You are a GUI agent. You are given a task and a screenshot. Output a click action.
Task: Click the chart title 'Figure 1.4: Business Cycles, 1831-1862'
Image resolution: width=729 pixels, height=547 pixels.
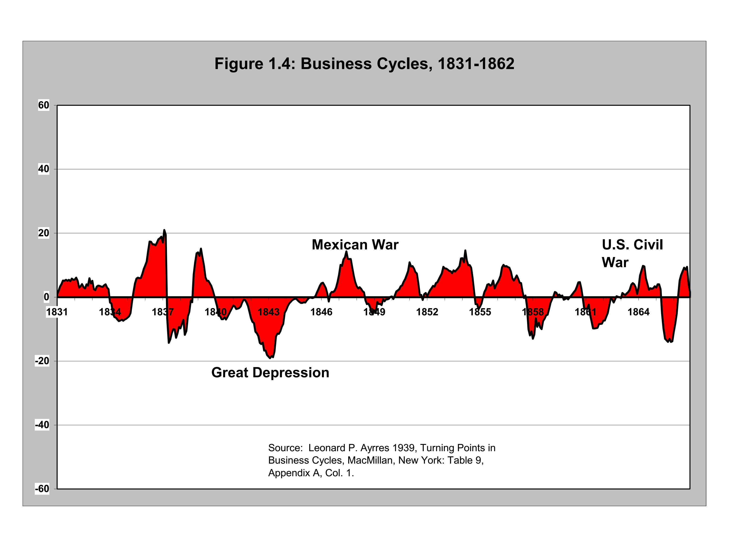pyautogui.click(x=364, y=64)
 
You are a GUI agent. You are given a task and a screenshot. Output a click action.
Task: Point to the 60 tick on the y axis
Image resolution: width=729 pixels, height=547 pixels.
pyautogui.click(x=43, y=105)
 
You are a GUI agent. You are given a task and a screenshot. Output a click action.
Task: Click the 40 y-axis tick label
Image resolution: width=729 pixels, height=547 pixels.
pyautogui.click(x=43, y=169)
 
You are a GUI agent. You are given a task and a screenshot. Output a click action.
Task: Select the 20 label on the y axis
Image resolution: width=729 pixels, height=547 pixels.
pyautogui.click(x=43, y=233)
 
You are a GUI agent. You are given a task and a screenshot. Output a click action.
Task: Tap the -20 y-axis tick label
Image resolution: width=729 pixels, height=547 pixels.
pyautogui.click(x=42, y=361)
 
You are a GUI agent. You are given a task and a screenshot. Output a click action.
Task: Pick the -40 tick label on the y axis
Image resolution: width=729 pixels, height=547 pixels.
pyautogui.click(x=42, y=425)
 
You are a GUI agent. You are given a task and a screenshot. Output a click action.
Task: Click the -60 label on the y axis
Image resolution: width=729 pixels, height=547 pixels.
pyautogui.click(x=42, y=489)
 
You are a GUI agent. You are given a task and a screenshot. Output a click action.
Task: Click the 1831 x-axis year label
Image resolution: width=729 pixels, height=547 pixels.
pyautogui.click(x=57, y=312)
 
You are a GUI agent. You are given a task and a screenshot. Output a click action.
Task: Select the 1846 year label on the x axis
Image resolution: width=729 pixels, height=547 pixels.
pyautogui.click(x=321, y=312)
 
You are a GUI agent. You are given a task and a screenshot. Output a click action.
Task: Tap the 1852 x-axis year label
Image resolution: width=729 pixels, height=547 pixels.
pyautogui.click(x=427, y=312)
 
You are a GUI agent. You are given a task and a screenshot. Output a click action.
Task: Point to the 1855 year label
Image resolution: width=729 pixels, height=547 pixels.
pyautogui.click(x=480, y=312)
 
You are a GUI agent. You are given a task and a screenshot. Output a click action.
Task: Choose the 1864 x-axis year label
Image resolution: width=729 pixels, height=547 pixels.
pyautogui.click(x=638, y=312)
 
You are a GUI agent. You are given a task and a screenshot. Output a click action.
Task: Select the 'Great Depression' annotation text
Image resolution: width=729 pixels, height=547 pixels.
pyautogui.click(x=270, y=373)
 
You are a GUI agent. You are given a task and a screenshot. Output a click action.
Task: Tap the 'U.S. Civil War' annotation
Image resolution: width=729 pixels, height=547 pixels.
pyautogui.click(x=632, y=254)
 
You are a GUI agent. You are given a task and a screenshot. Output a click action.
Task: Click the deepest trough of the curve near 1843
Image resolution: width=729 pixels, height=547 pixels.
pyautogui.click(x=270, y=358)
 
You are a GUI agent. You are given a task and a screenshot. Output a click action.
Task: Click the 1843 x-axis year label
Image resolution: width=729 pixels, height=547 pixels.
pyautogui.click(x=269, y=312)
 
